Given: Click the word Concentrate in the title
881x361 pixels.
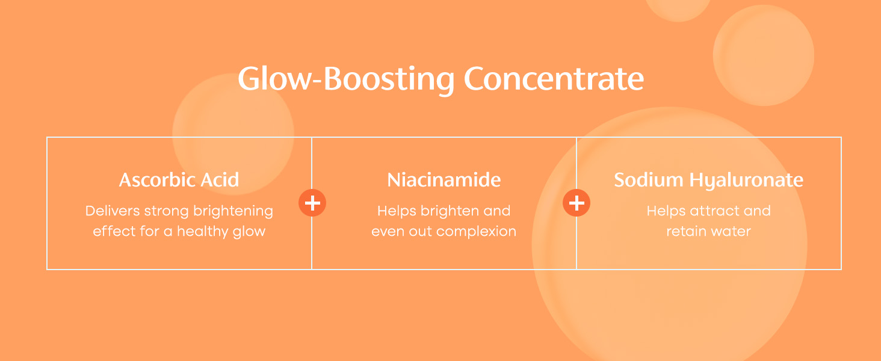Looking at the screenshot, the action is click(x=554, y=79).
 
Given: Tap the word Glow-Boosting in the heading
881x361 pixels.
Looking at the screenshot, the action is click(x=346, y=80).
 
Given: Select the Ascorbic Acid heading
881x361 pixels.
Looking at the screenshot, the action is click(x=179, y=180).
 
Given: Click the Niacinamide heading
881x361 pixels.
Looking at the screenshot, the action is click(x=444, y=180).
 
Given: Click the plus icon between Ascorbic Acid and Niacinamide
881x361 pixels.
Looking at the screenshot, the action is click(x=312, y=203).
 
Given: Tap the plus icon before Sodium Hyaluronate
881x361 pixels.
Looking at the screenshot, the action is click(x=577, y=203).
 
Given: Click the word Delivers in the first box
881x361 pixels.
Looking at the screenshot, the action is click(x=113, y=211).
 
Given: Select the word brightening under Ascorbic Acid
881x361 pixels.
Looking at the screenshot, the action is click(x=233, y=212).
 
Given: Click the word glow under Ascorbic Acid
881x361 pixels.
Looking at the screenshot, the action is click(x=249, y=232).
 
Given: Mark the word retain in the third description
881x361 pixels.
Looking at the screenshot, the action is click(x=686, y=231).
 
